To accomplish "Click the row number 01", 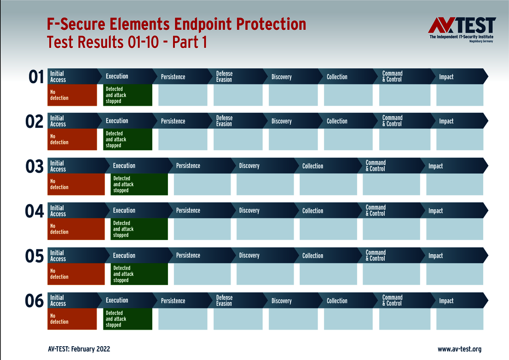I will [36, 77].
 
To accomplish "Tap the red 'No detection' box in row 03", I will [76, 184].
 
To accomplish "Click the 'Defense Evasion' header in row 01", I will [224, 76].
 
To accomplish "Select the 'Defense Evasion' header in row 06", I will [224, 301].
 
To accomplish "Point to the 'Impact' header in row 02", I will [446, 121].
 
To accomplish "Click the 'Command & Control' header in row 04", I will [376, 211].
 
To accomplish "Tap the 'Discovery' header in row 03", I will [249, 166].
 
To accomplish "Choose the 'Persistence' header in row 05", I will [188, 255].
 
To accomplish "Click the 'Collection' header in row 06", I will [337, 301].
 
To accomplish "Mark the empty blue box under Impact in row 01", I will [459, 95].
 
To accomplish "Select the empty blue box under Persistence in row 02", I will [183, 140].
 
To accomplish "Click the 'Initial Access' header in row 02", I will [58, 121].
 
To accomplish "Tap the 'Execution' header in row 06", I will [117, 300].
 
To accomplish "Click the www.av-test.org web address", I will [459, 349].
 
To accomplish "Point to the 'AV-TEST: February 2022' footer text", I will [79, 349].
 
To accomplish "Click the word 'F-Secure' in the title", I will [75, 24].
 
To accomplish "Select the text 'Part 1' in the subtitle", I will [189, 42].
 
